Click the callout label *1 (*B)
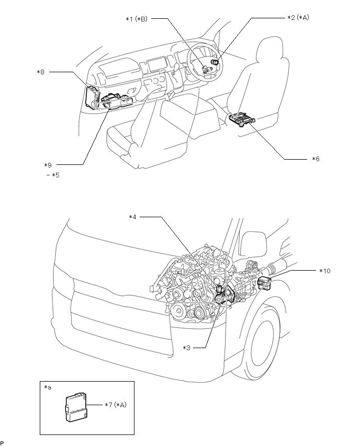[x=137, y=19]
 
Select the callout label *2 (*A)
[x=298, y=18]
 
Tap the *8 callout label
[x=41, y=72]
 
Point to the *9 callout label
[x=48, y=165]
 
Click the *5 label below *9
[x=53, y=175]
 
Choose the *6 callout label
[x=316, y=159]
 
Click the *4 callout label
[x=132, y=217]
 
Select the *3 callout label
[x=186, y=348]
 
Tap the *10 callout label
[x=325, y=271]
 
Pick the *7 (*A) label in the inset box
[x=116, y=405]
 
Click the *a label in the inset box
[x=48, y=387]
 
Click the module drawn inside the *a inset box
[x=76, y=407]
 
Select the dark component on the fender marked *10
[x=264, y=283]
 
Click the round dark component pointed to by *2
[x=215, y=62]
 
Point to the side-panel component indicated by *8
[x=92, y=96]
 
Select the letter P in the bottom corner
[x=2, y=442]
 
